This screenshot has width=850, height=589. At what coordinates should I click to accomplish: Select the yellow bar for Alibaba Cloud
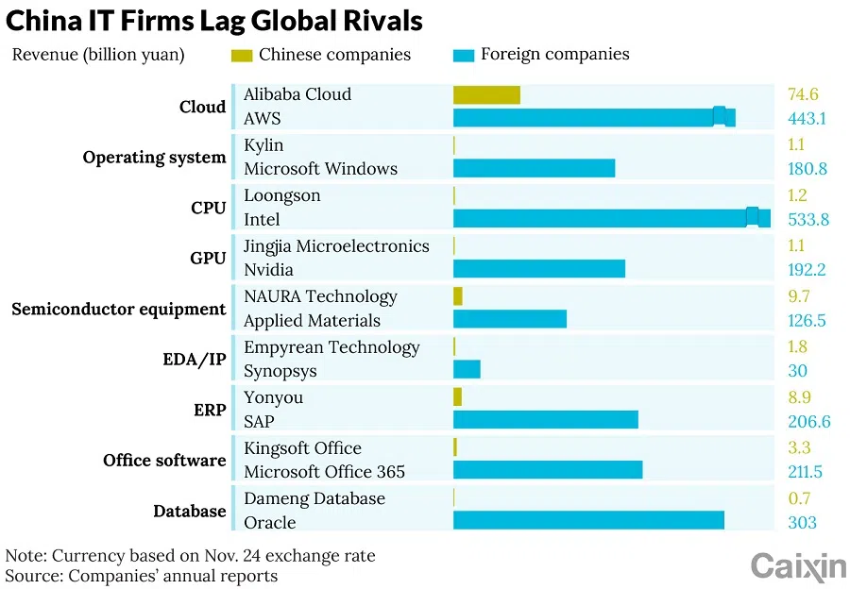tap(486, 94)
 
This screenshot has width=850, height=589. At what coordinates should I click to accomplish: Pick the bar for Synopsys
tap(467, 370)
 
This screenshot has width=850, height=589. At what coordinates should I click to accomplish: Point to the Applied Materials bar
tap(510, 320)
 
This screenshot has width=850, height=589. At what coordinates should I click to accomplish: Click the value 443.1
tap(807, 119)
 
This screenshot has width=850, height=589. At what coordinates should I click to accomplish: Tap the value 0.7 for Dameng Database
tap(800, 498)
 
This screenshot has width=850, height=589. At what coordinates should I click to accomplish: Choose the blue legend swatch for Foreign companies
tap(463, 55)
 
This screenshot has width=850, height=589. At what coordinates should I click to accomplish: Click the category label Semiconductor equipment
tap(118, 309)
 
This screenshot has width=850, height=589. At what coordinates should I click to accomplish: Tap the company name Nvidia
tap(268, 270)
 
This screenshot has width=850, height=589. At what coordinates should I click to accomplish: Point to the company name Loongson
tap(281, 195)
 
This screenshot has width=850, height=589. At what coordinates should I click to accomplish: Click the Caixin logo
tap(798, 565)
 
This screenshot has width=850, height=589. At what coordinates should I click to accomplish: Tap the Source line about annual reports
tap(142, 575)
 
